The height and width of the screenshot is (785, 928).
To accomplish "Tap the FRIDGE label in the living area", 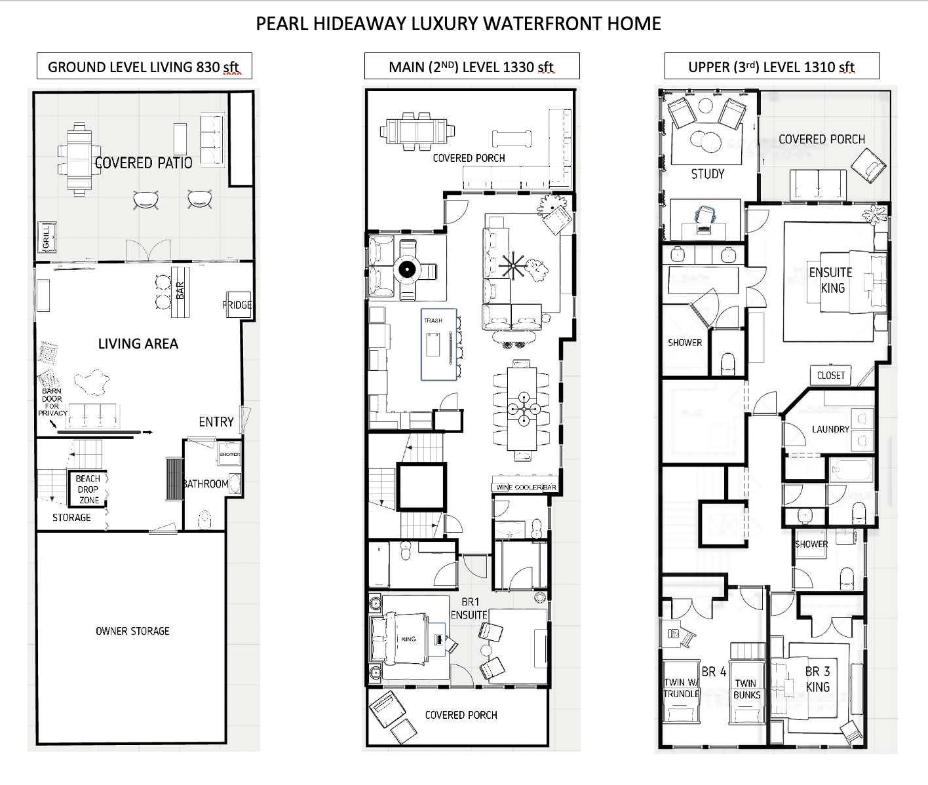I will tap(237, 305).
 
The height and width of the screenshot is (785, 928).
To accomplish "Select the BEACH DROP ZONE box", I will tap(88, 489).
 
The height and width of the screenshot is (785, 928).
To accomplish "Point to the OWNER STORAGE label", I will tap(132, 631).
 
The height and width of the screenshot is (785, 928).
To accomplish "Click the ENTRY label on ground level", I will tap(216, 422).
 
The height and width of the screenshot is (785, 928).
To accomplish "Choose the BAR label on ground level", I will tap(180, 289).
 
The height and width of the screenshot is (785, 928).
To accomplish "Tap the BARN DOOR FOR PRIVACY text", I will tap(52, 402).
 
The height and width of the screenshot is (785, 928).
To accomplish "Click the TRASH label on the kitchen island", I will tap(433, 320).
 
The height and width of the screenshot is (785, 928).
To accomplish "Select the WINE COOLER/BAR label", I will tap(525, 488).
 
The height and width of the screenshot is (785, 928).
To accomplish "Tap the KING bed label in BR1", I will tap(408, 639).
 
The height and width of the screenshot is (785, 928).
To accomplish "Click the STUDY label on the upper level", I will tap(708, 174).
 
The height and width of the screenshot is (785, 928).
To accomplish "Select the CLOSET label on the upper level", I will tap(830, 375).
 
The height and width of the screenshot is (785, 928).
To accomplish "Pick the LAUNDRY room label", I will tap(830, 429).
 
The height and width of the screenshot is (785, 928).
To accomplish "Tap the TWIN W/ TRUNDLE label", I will tap(682, 688).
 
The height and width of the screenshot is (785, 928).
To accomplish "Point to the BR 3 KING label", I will tap(818, 680).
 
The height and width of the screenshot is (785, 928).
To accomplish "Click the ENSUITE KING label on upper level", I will tap(831, 280).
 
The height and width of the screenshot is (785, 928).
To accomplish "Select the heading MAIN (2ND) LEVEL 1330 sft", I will tap(472, 67).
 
